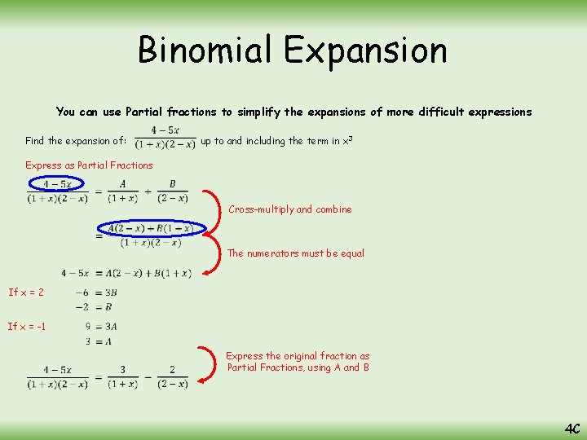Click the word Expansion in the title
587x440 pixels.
[365, 51]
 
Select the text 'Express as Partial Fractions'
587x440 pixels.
[89, 165]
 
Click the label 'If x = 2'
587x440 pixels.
[26, 292]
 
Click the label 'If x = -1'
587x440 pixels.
[27, 327]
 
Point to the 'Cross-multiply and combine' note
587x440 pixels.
[289, 209]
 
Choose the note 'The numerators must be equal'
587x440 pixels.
[295, 253]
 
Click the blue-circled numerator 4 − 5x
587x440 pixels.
[56, 184]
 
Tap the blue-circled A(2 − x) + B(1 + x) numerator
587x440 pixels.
[150, 228]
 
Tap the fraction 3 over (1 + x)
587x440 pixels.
[122, 376]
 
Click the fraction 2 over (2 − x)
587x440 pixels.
[172, 376]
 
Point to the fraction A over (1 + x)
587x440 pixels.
[122, 191]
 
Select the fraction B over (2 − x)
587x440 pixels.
[172, 191]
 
